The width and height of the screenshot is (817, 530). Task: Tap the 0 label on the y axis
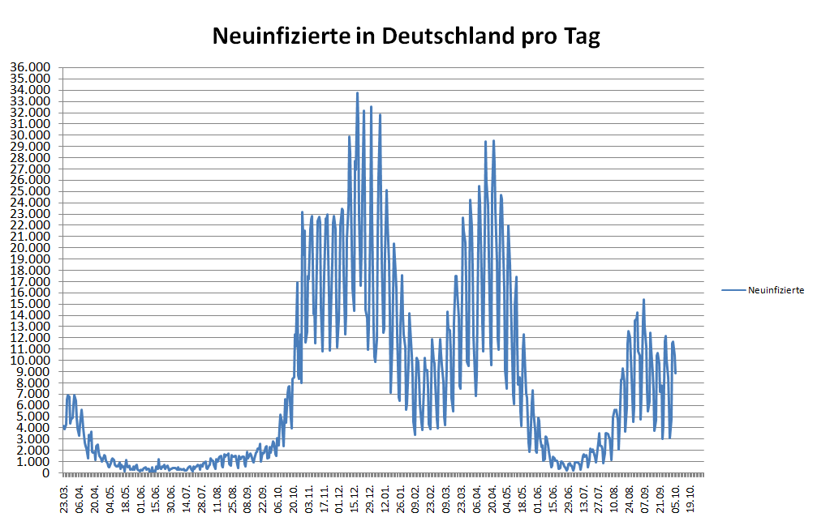click(x=46, y=472)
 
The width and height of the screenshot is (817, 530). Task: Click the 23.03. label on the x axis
click(x=64, y=496)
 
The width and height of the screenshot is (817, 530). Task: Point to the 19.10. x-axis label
click(x=690, y=496)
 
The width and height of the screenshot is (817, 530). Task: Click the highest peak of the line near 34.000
click(x=357, y=92)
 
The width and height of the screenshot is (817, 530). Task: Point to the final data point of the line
click(x=675, y=373)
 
